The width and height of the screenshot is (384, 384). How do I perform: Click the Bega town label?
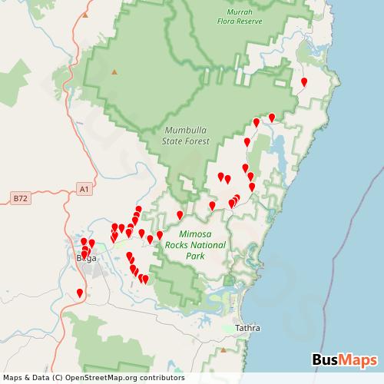coord(85,258)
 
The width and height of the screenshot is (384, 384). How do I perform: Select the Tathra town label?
coord(247,328)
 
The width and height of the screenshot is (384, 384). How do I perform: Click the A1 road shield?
coord(84,187)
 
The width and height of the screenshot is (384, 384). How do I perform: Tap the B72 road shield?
coord(20,198)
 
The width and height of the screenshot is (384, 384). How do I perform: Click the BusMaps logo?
coord(344,359)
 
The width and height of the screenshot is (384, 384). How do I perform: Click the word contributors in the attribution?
coord(160,377)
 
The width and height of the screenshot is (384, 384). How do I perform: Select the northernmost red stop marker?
coord(304,81)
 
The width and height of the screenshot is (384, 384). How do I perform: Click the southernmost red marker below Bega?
coord(80,292)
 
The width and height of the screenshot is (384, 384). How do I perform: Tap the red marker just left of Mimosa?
coord(160,234)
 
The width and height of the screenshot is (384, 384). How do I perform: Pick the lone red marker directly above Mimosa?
coord(180,214)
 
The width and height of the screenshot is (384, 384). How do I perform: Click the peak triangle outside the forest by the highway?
coord(114,72)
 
